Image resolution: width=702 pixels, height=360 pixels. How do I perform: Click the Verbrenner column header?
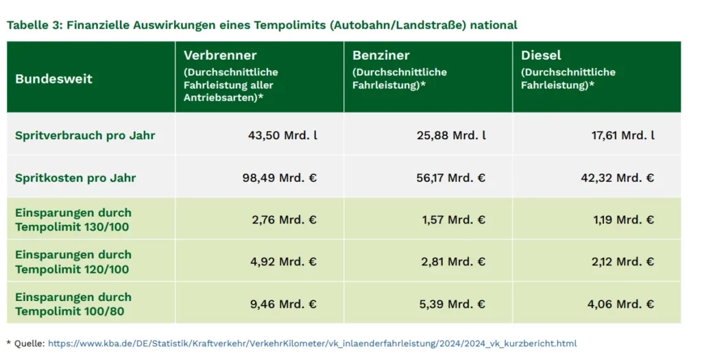coord(221,56)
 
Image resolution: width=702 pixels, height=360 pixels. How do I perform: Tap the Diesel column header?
coord(541,56)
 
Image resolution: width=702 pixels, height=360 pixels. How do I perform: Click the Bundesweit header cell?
coord(53,79)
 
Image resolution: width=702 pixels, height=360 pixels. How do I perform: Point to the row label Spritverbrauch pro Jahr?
coord(85,135)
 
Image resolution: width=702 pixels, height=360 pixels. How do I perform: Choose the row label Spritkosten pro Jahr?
coord(75,178)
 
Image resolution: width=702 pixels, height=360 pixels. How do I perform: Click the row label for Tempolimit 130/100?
coord(73,219)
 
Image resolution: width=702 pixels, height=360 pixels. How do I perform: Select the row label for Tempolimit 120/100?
coord(73,262)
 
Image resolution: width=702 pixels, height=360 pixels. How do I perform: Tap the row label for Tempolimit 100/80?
coord(73,304)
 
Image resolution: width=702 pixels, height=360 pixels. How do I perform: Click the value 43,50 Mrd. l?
coord(282,135)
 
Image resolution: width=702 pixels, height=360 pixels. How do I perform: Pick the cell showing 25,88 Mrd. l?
coord(451,135)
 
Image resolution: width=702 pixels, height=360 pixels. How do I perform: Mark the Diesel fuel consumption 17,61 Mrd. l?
coord(623,135)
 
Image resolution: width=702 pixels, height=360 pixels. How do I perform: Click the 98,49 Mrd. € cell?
coord(280,178)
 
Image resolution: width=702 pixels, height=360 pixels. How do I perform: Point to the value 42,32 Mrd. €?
coord(617,178)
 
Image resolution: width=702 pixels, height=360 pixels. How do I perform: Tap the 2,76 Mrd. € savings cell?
coord(282,220)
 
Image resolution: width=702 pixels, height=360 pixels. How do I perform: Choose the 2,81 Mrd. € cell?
coord(454,262)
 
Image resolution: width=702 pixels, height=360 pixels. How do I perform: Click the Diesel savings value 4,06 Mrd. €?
coord(620,304)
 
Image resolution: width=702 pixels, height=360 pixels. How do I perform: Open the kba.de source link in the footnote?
coord(312,343)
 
